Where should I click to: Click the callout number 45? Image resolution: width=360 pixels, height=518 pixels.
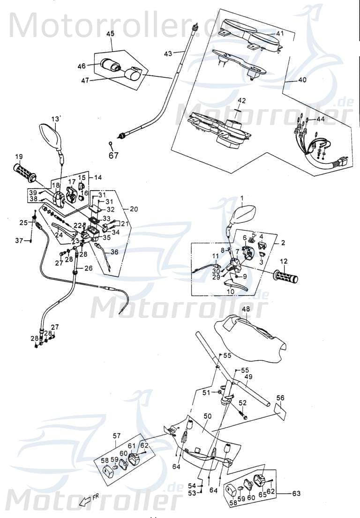click(111, 34)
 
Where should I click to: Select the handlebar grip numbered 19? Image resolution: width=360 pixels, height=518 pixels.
click(24, 173)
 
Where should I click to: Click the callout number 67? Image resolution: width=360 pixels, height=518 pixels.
click(114, 156)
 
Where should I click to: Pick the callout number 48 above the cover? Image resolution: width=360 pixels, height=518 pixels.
click(246, 310)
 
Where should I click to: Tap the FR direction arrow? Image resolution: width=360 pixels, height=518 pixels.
click(86, 502)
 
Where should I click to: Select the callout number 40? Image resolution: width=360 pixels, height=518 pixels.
click(302, 80)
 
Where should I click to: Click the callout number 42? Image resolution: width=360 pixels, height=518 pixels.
click(241, 101)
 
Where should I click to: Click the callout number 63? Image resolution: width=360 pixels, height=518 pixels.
click(296, 493)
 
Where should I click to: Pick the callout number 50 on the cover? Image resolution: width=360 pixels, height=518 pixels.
click(208, 415)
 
